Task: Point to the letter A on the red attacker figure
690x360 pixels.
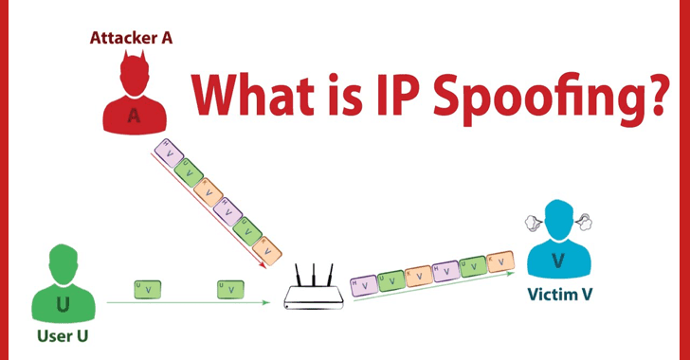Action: point(133,115)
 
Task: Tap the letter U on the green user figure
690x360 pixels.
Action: point(63,303)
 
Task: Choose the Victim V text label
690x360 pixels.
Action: point(561,295)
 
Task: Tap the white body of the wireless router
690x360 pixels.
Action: point(314,300)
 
